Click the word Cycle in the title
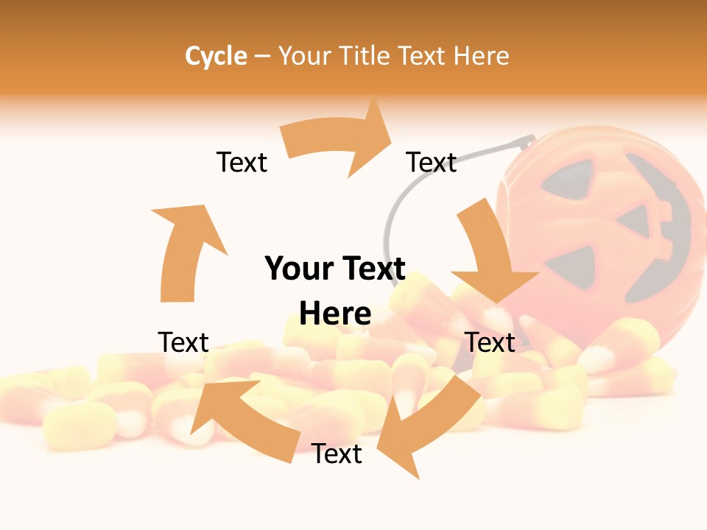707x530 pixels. (216, 56)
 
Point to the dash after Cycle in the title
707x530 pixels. (262, 57)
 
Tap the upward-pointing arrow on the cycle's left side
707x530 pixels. (184, 250)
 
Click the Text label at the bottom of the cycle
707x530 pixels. (337, 453)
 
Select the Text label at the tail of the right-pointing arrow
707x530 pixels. (242, 162)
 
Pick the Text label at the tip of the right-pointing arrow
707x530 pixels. (432, 162)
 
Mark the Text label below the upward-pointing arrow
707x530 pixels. (183, 342)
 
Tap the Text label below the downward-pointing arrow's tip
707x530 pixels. (490, 342)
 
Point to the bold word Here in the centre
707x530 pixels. (335, 314)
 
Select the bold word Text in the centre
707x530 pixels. (372, 269)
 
